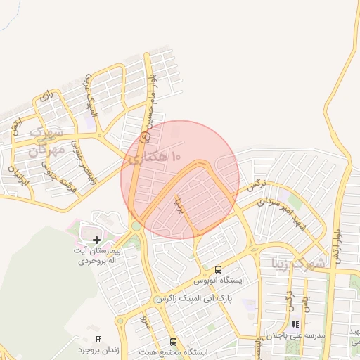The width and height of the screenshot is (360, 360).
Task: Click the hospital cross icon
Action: (96, 240)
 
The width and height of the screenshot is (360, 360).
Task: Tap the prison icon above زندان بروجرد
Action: (98, 339)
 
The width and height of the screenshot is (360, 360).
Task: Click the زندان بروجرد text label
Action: (98, 349)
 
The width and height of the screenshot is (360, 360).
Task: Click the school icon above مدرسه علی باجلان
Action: (296, 325)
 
